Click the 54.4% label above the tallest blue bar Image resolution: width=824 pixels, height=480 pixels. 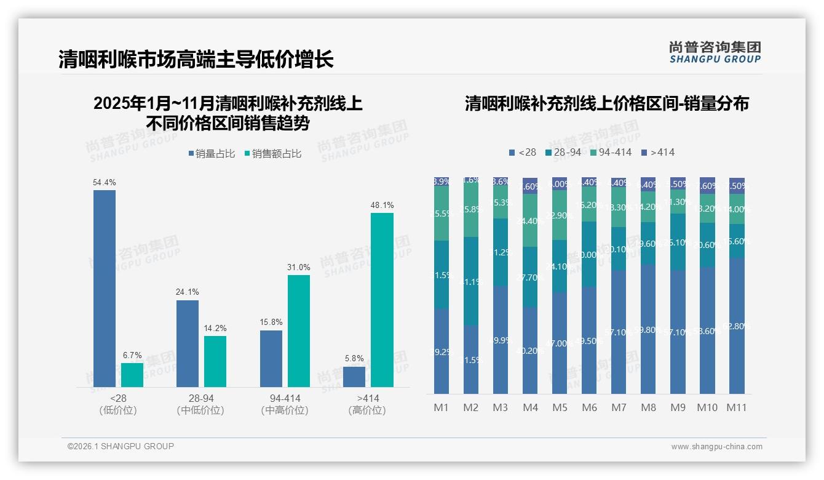(x=105, y=183)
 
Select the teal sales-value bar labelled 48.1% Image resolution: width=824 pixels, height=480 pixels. (x=382, y=300)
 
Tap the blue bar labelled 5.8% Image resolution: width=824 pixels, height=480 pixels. (x=354, y=377)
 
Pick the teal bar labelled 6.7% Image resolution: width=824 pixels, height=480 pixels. (x=132, y=375)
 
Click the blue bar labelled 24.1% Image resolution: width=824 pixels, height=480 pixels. (x=188, y=343)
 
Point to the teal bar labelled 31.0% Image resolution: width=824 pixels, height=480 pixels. (x=299, y=330)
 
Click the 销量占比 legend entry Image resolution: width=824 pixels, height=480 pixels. (x=212, y=154)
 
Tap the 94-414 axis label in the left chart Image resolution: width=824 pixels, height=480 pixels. (x=285, y=398)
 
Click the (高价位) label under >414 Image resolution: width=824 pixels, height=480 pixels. (x=367, y=410)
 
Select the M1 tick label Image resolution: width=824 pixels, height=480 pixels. (x=442, y=407)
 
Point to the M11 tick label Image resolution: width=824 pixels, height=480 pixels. (x=736, y=407)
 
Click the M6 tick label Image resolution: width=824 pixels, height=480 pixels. (x=589, y=407)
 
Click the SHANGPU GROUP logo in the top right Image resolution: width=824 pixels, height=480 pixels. (x=715, y=52)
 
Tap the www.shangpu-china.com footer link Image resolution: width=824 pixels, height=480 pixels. (x=716, y=447)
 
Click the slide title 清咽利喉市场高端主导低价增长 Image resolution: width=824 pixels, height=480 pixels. (x=196, y=60)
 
